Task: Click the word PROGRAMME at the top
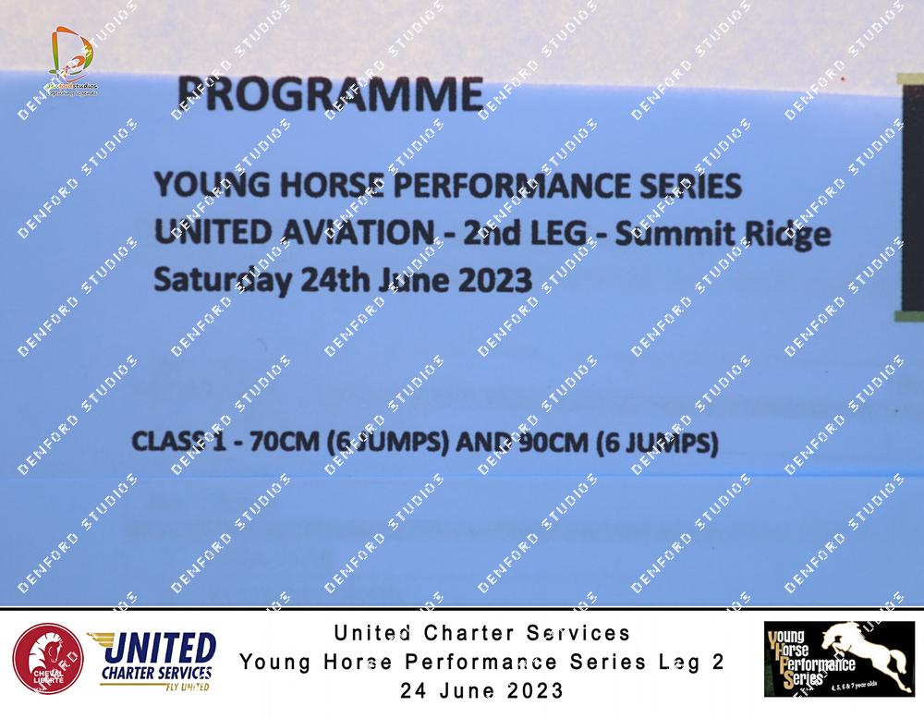click(x=330, y=93)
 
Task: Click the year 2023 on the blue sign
click(x=495, y=279)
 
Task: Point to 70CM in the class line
click(x=285, y=442)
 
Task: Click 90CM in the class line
click(x=553, y=443)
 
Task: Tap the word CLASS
click(x=168, y=441)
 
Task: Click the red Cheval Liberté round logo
click(x=48, y=659)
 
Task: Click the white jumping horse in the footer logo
click(x=866, y=651)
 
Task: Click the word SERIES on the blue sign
click(x=690, y=187)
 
